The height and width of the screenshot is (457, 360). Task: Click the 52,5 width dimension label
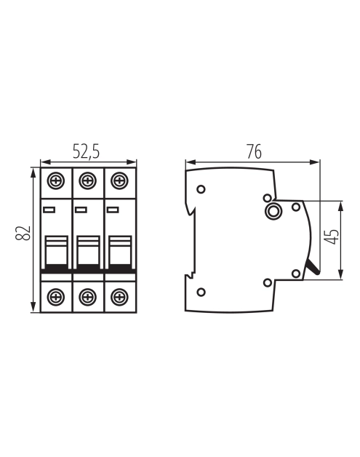(86, 151)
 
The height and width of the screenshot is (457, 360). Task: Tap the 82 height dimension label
(23, 233)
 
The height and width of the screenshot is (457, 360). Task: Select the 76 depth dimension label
(254, 151)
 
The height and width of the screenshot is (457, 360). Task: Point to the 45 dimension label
(332, 237)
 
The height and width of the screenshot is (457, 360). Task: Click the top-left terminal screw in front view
(55, 180)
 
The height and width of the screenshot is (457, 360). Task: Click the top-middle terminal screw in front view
(88, 180)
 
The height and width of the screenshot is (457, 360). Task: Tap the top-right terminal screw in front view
(119, 180)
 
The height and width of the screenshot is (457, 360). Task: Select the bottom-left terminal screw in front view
(55, 297)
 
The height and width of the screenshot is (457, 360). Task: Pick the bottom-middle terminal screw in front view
(88, 297)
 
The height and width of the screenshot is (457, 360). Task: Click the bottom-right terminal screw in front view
(119, 297)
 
